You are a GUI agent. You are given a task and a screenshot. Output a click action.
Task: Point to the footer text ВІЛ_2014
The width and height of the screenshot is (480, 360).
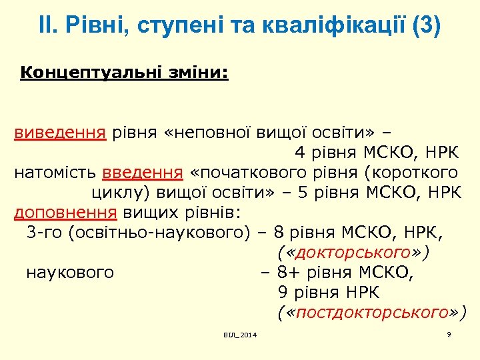[x=240, y=334]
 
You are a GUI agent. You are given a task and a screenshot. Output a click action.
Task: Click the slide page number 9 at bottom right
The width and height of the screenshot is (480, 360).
[x=449, y=333]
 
